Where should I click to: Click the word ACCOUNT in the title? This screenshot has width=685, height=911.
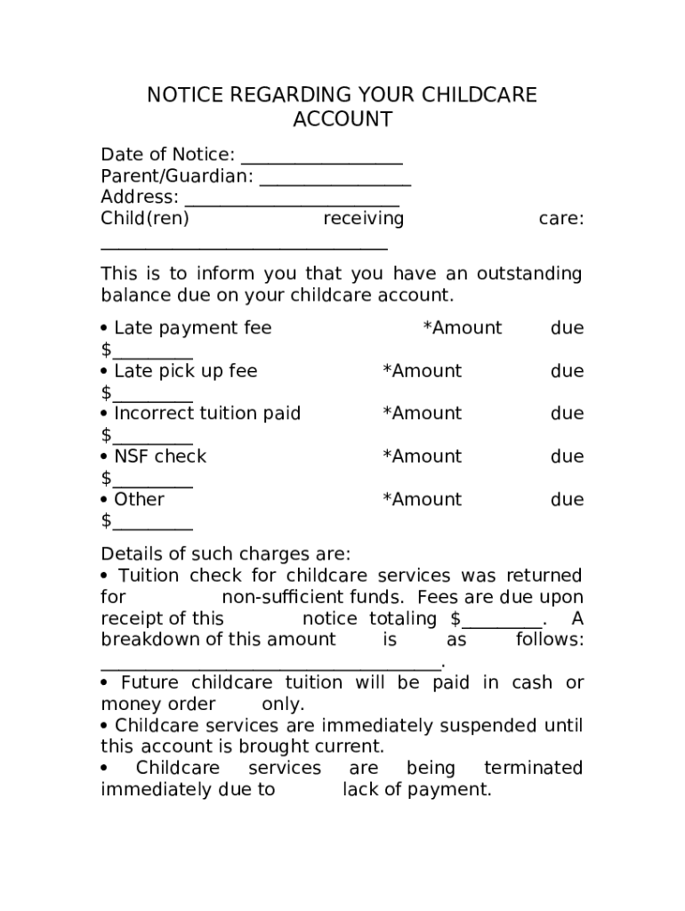pyautogui.click(x=342, y=119)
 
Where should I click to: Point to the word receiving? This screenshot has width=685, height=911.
pyautogui.click(x=363, y=219)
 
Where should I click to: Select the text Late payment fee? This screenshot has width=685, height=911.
pyautogui.click(x=193, y=328)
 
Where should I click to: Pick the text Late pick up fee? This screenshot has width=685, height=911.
pyautogui.click(x=186, y=371)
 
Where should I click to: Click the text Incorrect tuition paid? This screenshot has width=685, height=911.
pyautogui.click(x=207, y=414)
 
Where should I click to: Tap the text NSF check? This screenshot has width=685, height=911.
pyautogui.click(x=160, y=456)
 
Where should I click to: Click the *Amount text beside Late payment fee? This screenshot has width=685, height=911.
pyautogui.click(x=463, y=328)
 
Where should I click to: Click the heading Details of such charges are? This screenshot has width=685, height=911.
pyautogui.click(x=226, y=553)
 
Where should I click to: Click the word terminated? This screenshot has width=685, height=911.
pyautogui.click(x=534, y=768)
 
